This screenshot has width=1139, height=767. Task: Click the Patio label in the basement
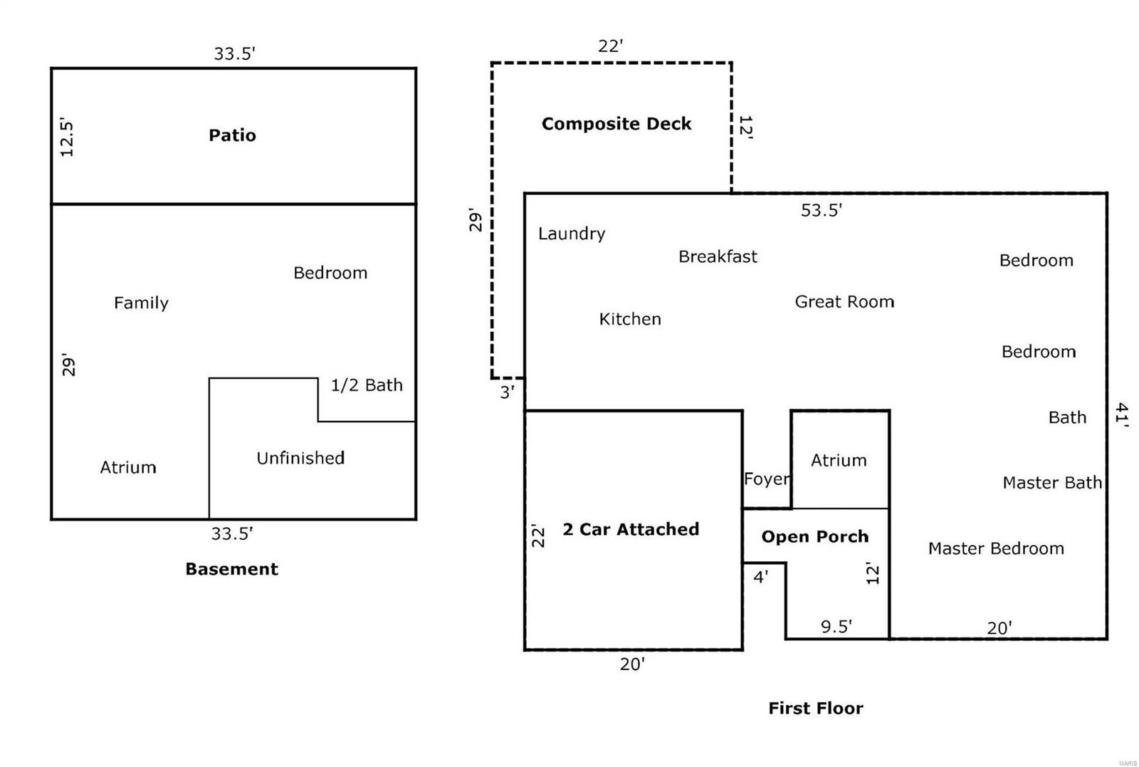tap(232, 135)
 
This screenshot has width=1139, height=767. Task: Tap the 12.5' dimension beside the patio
tap(66, 137)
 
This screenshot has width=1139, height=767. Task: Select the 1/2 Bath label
tap(367, 385)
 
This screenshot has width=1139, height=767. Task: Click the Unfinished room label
tap(300, 458)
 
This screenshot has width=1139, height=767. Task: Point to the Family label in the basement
tap(141, 303)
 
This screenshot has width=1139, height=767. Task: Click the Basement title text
tap(231, 569)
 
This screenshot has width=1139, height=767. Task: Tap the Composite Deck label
tap(616, 124)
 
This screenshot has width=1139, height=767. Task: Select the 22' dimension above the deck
tap(610, 46)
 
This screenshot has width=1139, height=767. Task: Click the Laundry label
tap(571, 234)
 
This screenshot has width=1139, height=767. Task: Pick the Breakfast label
tap(718, 256)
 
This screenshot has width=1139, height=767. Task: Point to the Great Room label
tap(844, 302)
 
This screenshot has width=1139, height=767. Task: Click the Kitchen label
tap(630, 319)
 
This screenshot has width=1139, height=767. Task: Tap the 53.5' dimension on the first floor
tap(821, 210)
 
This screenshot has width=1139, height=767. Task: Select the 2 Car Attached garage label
tap(631, 529)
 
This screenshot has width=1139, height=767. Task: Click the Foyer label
tap(766, 479)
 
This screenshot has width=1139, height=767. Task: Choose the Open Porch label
tap(815, 537)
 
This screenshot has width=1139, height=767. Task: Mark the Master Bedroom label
tap(996, 548)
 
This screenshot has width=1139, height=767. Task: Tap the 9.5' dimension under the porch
tap(836, 627)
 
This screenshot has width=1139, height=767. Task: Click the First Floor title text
tap(815, 709)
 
